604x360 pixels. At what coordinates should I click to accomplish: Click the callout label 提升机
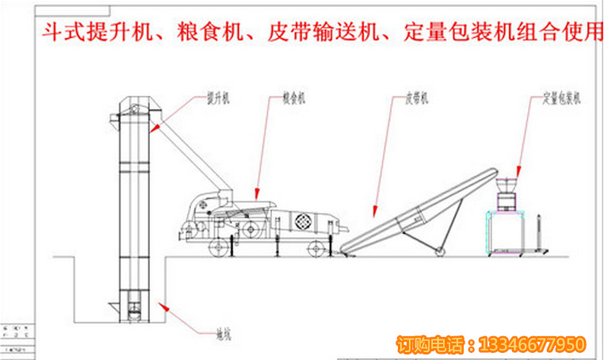tap(217, 98)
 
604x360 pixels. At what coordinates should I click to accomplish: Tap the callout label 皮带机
tap(416, 98)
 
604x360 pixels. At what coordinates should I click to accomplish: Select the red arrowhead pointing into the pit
tap(162, 304)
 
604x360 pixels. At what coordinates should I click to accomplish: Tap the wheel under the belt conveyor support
tap(438, 251)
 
